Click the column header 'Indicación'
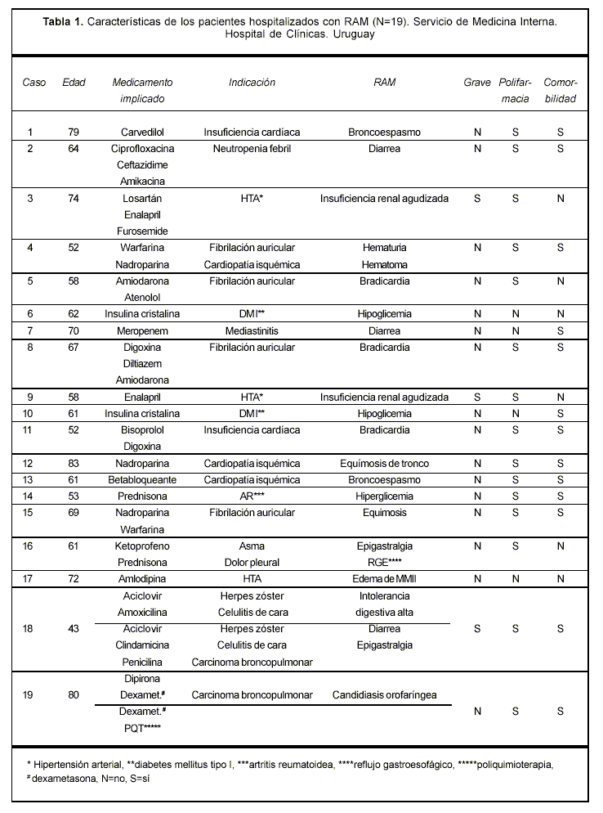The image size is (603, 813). [x=252, y=83]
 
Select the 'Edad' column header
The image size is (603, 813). [x=74, y=83]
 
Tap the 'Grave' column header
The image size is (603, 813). [x=477, y=83]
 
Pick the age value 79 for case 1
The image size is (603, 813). [x=74, y=132]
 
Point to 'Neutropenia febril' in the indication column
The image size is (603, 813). [x=252, y=149]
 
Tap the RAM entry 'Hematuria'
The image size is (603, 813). [x=384, y=248]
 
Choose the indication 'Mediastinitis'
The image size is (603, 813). [x=252, y=331]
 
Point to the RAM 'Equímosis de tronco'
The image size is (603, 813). [x=384, y=464]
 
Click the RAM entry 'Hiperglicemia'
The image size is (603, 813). [x=384, y=496]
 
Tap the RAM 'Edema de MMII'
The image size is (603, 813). [x=384, y=579]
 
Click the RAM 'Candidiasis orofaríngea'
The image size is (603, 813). [x=384, y=695]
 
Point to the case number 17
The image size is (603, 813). [x=30, y=579]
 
